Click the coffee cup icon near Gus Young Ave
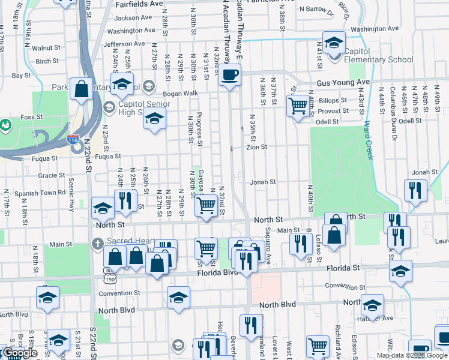point(229,76)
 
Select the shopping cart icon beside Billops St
point(298,107)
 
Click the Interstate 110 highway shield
point(73,140)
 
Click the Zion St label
point(257,146)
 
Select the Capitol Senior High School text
point(145,109)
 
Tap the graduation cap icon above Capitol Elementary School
point(333,42)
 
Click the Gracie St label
point(47,175)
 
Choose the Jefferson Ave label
point(124,44)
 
